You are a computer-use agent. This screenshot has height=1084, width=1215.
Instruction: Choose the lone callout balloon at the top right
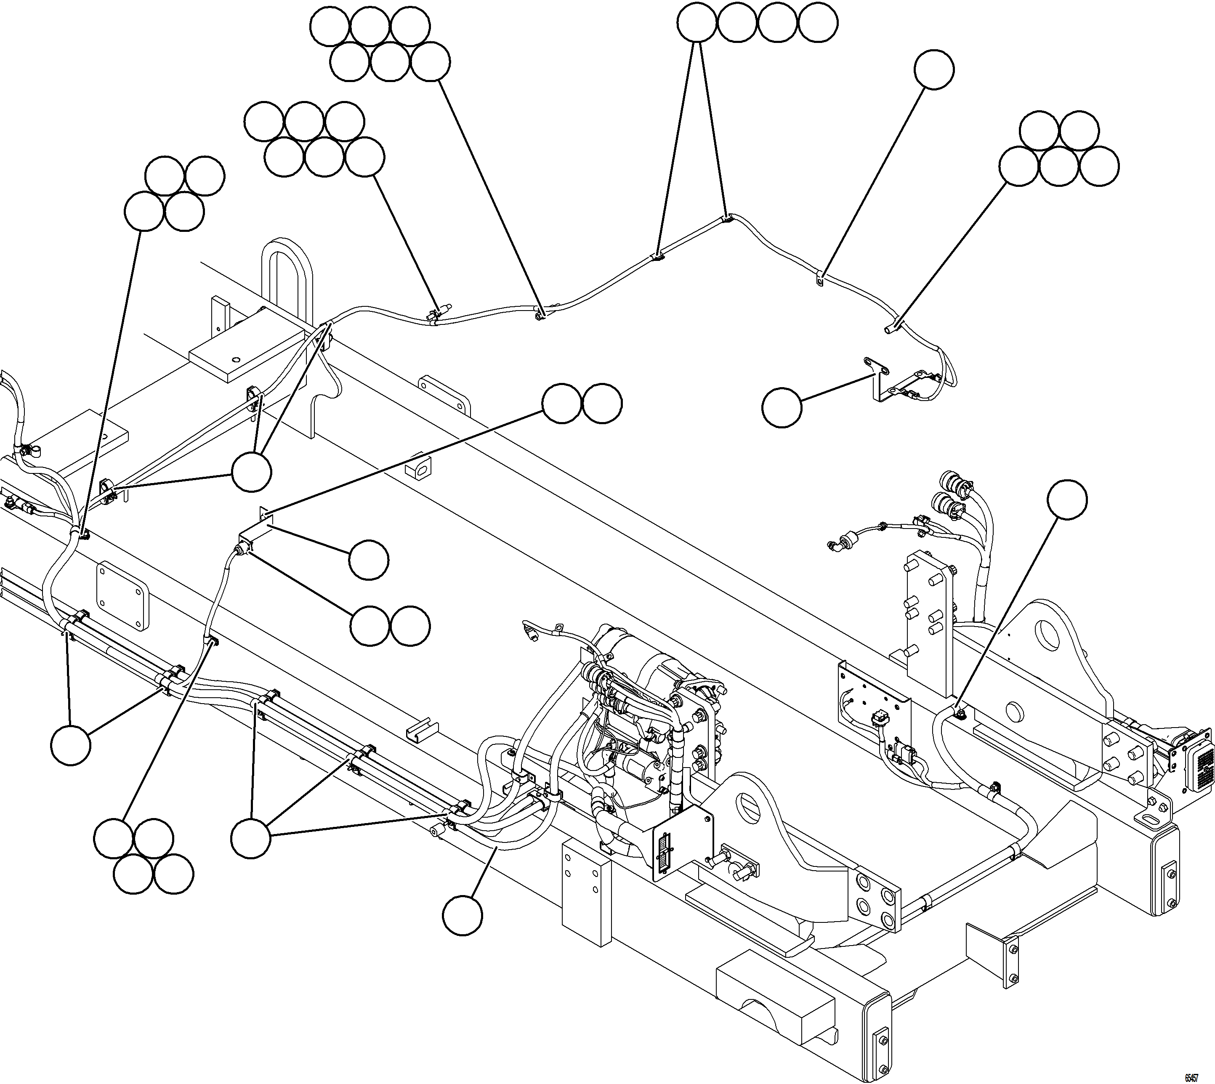[934, 70]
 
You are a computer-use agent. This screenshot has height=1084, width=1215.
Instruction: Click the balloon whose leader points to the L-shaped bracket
[782, 407]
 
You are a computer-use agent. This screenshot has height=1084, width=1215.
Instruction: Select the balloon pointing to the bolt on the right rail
[1067, 500]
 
